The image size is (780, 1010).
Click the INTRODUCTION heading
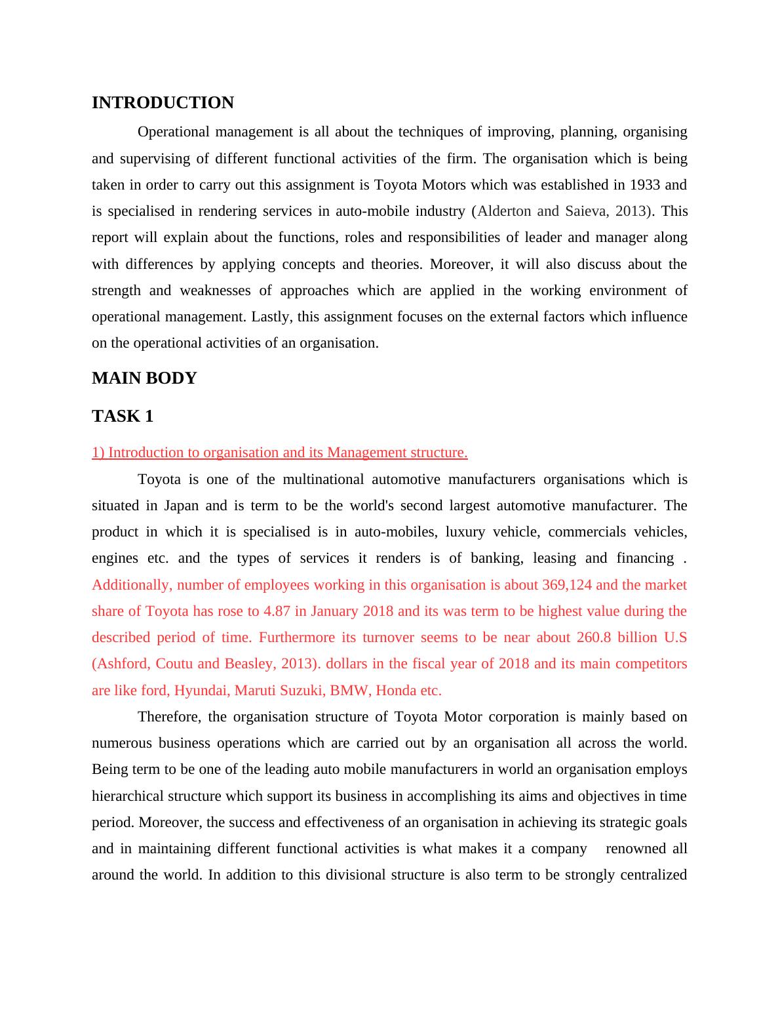[x=163, y=103]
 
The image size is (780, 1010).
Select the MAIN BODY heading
[x=144, y=378]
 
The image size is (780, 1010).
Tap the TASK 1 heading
[x=123, y=416]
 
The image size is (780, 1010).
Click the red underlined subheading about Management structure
[x=279, y=453]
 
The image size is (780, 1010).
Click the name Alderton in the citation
[x=504, y=211]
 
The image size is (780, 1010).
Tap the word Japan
[x=181, y=506]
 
